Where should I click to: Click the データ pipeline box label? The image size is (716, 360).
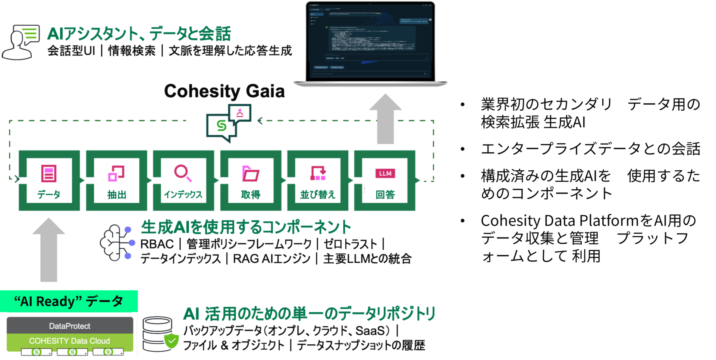[x=49, y=194]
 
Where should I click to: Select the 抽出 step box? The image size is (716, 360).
[x=116, y=181]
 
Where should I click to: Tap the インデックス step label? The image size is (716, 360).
[x=183, y=194]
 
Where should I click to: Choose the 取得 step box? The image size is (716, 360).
[x=251, y=181]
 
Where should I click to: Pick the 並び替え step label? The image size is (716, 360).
[x=318, y=194]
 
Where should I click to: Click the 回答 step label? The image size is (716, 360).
[x=385, y=194]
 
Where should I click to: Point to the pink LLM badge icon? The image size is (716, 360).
[x=385, y=173]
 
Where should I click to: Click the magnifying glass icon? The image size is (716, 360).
[x=183, y=173]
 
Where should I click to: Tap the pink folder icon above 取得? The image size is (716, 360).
[x=251, y=174]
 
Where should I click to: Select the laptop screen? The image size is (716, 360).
[x=370, y=41]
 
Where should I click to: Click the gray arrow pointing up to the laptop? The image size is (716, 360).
[x=385, y=119]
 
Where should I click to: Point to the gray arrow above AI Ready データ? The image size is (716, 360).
[x=49, y=250]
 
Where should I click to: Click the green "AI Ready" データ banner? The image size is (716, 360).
[x=69, y=301]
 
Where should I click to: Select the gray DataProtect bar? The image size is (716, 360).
[x=70, y=326]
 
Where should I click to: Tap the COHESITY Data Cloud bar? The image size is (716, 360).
[x=70, y=341]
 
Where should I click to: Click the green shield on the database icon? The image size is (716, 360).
[x=172, y=341]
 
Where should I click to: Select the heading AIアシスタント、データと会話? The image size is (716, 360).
[x=139, y=34]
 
